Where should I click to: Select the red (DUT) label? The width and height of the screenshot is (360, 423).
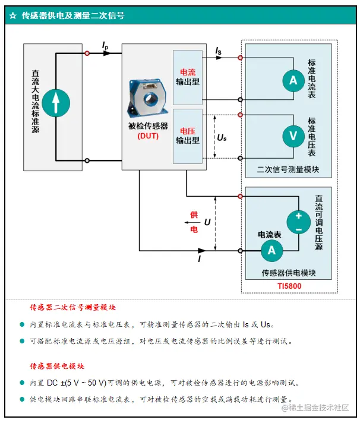point(147,135)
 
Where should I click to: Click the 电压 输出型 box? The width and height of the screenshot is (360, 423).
point(187,136)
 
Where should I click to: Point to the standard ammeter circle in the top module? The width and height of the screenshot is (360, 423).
point(293,80)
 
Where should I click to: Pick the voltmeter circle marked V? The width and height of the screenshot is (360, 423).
point(293,136)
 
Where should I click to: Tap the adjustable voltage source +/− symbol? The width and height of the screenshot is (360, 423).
point(298,222)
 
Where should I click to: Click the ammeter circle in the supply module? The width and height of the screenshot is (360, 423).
point(271,251)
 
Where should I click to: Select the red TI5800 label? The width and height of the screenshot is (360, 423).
point(289,286)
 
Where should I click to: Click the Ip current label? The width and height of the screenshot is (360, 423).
point(105,45)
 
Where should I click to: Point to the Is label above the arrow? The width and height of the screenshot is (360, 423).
point(219,51)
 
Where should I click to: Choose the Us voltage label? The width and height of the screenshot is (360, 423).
point(222,138)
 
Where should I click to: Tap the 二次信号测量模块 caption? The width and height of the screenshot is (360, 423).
point(288,169)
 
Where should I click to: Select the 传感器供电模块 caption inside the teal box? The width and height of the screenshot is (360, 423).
point(288,273)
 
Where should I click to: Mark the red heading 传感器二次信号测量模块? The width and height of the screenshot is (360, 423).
point(72,308)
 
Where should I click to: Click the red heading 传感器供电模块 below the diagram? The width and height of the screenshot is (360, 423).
point(57,366)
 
